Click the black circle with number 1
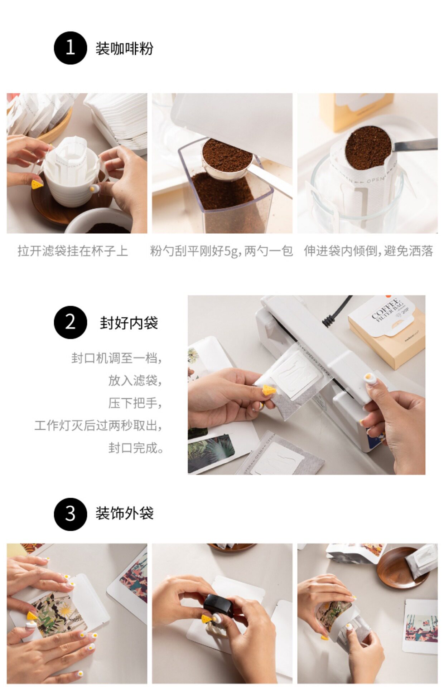point(70,48)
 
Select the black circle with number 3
point(70,514)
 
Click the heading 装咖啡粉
point(124,48)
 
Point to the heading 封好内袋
point(129,323)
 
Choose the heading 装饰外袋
point(124,513)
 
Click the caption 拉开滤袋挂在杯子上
point(73,251)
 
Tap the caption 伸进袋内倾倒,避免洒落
point(368,251)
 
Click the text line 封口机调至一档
point(116,358)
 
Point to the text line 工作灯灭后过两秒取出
point(98,425)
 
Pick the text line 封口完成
point(136,448)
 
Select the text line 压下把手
point(135,403)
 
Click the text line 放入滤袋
point(135,380)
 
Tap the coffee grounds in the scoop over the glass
point(368,147)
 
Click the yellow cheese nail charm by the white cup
point(37,185)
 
